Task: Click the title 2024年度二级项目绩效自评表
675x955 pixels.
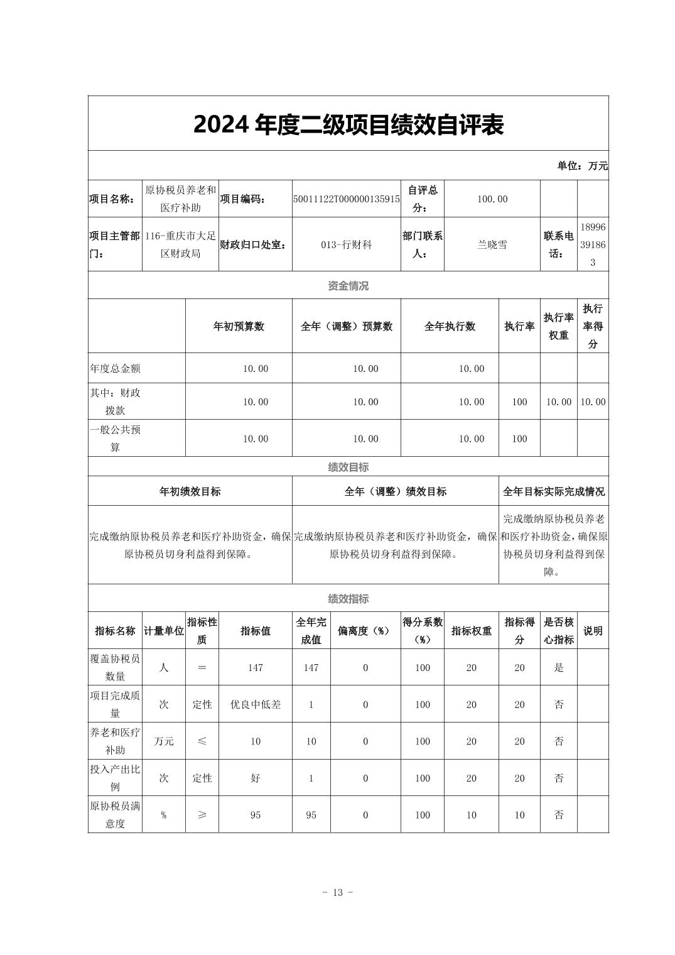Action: (348, 125)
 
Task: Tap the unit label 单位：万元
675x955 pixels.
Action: (582, 166)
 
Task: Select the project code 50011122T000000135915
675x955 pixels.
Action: (346, 199)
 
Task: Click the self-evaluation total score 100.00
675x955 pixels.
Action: (492, 199)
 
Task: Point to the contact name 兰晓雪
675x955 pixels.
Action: (492, 245)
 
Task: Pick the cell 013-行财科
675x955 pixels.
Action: (346, 245)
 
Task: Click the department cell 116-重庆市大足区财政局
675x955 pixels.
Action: (180, 245)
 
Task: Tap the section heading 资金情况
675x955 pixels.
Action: (348, 286)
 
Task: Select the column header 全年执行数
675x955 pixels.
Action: (450, 326)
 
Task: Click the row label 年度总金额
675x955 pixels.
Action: (116, 369)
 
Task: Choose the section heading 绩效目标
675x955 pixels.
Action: (348, 467)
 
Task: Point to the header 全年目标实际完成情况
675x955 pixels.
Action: (553, 491)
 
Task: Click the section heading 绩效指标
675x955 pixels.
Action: (348, 599)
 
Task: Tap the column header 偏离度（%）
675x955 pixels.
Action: (365, 631)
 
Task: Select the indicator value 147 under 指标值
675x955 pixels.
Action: (255, 668)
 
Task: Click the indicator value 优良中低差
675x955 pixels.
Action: (255, 705)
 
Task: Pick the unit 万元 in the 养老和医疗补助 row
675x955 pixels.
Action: (164, 741)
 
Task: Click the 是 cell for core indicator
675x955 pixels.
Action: (559, 668)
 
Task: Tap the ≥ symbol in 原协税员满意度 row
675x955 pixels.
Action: (202, 815)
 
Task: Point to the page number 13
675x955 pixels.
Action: (337, 893)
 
